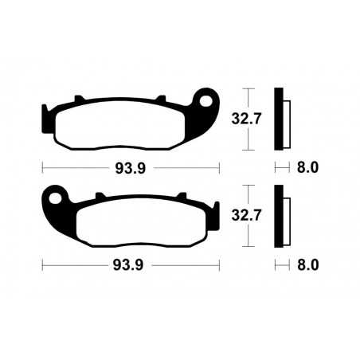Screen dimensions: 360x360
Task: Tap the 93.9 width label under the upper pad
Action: [130, 168]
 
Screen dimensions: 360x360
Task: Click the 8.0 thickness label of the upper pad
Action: [307, 168]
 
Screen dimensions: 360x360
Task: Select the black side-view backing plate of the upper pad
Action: [278, 119]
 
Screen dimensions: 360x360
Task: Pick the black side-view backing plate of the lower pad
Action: [278, 214]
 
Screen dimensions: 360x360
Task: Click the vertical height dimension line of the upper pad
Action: [248, 119]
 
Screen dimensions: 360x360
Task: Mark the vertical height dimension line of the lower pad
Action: [248, 213]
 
